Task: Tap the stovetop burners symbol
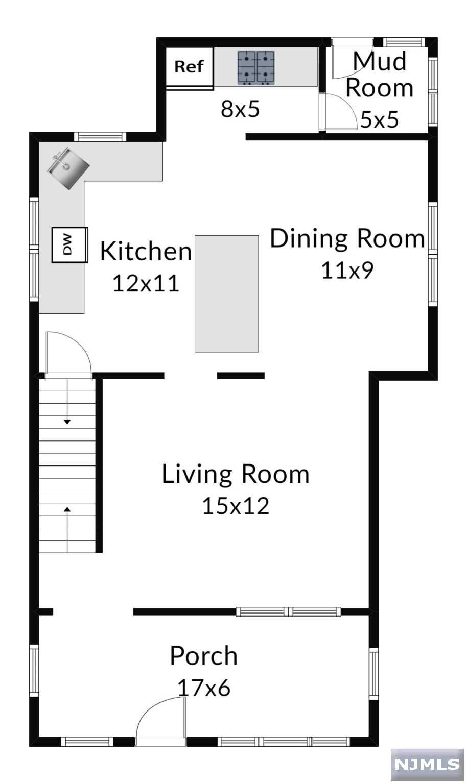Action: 256,68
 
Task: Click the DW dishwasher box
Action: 69,244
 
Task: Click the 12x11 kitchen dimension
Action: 146,283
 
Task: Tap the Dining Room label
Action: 347,239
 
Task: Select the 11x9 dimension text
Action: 347,270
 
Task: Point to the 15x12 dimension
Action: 236,506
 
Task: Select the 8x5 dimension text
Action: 240,109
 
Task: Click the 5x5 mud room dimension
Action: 380,119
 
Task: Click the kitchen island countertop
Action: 227,293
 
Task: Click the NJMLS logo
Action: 427,765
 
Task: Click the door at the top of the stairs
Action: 68,354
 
